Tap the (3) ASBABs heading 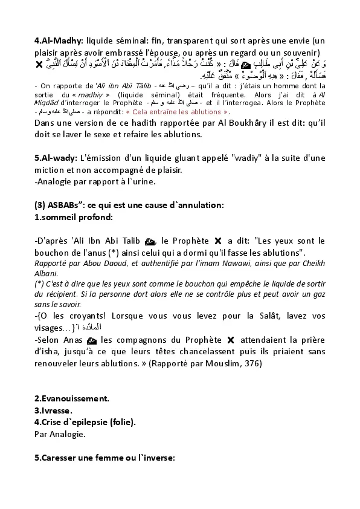point(53,205)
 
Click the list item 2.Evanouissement point(72,398)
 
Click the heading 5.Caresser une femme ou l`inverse point(104,458)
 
